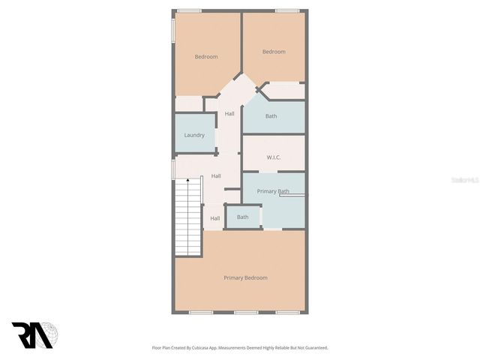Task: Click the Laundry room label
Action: [194, 136]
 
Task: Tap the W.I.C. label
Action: [274, 157]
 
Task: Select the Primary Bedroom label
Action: [245, 278]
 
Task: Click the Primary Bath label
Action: [273, 192]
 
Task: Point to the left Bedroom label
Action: [206, 57]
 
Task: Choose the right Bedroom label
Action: [274, 52]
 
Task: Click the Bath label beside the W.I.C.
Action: [271, 116]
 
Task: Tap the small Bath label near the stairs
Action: [243, 217]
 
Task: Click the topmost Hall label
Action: [229, 114]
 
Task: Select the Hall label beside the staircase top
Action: [216, 176]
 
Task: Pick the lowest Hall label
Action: [215, 219]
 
